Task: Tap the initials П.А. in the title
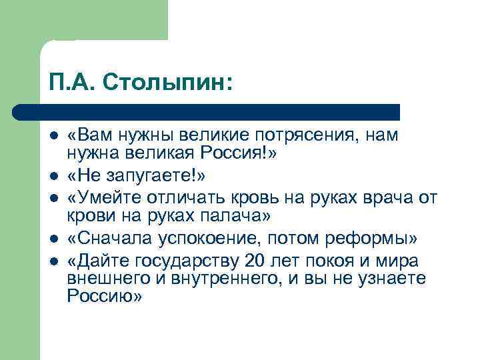(x=69, y=82)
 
